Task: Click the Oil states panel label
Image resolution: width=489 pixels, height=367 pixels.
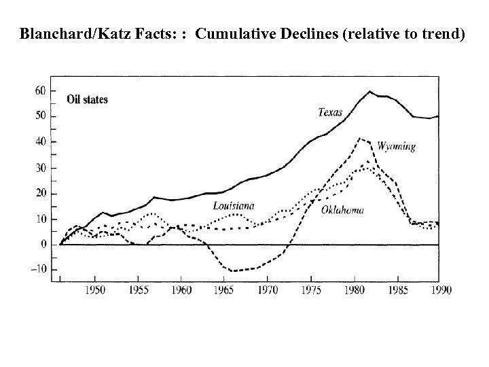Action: (87, 100)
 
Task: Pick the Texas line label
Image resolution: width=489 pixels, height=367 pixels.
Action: (330, 112)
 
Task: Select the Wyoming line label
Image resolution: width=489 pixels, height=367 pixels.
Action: (396, 146)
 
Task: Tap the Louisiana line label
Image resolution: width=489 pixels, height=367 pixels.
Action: (234, 205)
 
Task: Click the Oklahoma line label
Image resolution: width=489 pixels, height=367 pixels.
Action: (342, 209)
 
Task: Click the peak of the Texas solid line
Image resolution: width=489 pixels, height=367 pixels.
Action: (370, 91)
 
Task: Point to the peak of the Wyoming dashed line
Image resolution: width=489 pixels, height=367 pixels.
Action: (360, 139)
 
